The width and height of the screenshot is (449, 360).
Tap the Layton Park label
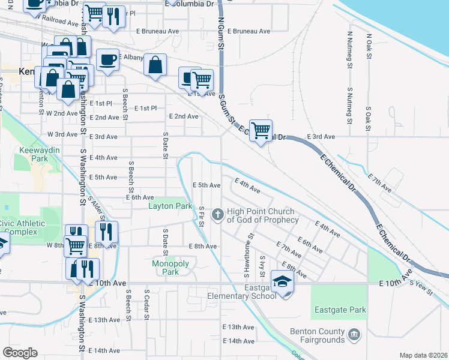[170, 206]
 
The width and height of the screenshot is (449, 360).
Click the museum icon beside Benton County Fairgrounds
[354, 333]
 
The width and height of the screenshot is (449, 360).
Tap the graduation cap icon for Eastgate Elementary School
[282, 281]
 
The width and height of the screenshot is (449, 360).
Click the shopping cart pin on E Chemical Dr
[261, 130]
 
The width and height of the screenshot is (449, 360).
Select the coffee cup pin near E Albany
[107, 59]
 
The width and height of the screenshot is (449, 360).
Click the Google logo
[20, 353]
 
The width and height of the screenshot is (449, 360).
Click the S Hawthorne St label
[246, 256]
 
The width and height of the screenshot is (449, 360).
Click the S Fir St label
[202, 217]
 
